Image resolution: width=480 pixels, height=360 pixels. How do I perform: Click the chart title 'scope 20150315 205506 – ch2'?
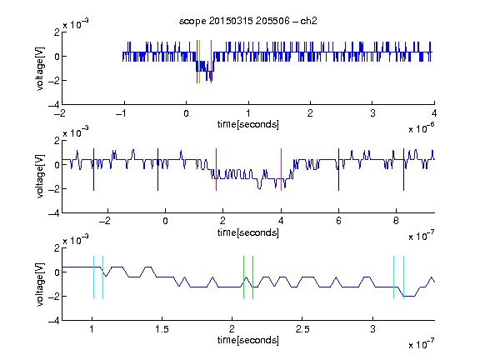248,21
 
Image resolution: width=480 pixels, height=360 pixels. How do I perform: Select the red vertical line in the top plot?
197,62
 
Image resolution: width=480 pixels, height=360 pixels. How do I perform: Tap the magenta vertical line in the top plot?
211,62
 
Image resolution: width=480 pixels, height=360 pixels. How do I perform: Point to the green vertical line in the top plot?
200,62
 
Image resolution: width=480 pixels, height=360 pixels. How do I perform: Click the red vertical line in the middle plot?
216,170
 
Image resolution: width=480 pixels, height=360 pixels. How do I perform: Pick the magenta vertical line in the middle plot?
282,170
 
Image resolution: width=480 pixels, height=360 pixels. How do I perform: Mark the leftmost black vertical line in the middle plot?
93,170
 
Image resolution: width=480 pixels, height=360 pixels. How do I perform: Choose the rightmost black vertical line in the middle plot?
404,170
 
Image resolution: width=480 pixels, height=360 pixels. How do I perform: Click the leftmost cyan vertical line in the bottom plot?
93,277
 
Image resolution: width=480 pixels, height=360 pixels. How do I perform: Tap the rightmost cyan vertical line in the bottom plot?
404,277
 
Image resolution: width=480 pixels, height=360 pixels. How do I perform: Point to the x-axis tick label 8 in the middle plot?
396,221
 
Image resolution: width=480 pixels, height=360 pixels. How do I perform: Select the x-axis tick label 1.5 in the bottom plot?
162,329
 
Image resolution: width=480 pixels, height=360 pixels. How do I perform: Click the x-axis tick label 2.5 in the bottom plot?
302,329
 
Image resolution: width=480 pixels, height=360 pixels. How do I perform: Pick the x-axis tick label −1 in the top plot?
121,113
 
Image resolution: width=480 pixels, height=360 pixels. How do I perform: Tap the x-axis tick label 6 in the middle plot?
338,221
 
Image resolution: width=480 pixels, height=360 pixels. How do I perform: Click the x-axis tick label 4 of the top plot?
434,113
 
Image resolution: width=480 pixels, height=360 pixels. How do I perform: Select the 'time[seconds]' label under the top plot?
248,124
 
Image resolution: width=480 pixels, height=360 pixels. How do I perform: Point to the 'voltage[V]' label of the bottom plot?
40,284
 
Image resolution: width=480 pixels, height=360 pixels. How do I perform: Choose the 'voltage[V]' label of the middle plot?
40,177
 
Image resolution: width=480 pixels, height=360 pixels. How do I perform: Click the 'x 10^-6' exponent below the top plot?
422,128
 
